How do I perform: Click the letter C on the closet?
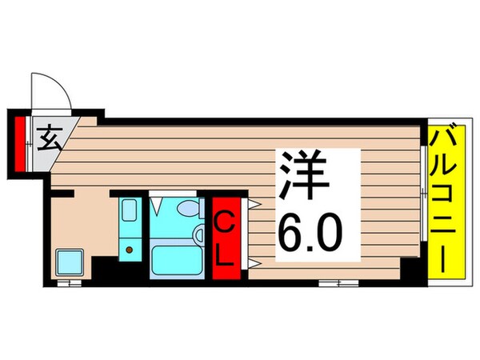tap(226, 218)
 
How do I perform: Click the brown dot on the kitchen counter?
tap(129, 250)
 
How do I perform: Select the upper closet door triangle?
tap(251, 204)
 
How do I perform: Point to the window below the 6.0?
tap(338, 282)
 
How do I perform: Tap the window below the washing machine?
tap(72, 282)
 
